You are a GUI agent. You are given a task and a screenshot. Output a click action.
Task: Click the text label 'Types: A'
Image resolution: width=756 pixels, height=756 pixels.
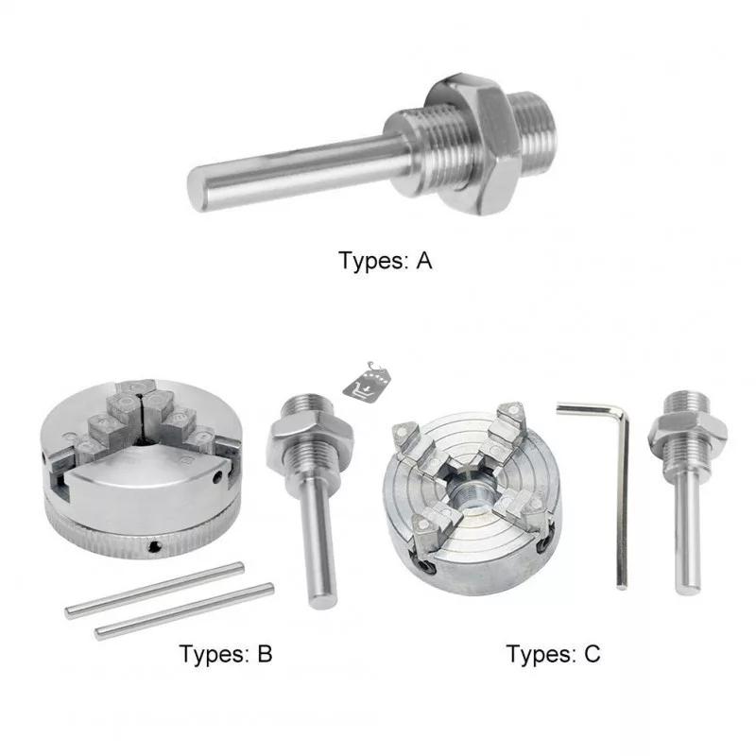point(385,261)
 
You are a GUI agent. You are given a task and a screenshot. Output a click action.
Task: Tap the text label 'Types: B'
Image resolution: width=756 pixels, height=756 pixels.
point(226,654)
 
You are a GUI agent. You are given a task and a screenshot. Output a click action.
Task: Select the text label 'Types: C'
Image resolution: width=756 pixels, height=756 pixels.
point(554,654)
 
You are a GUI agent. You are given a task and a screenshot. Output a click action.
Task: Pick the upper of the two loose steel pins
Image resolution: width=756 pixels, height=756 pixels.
point(154,590)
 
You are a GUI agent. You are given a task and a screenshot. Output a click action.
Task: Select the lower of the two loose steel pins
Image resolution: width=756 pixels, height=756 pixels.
point(184,611)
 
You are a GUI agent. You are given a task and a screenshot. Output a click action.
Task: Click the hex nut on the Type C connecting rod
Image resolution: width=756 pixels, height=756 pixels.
point(688,429)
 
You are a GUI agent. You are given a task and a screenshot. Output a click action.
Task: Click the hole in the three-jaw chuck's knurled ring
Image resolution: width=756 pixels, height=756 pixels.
point(154,546)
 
